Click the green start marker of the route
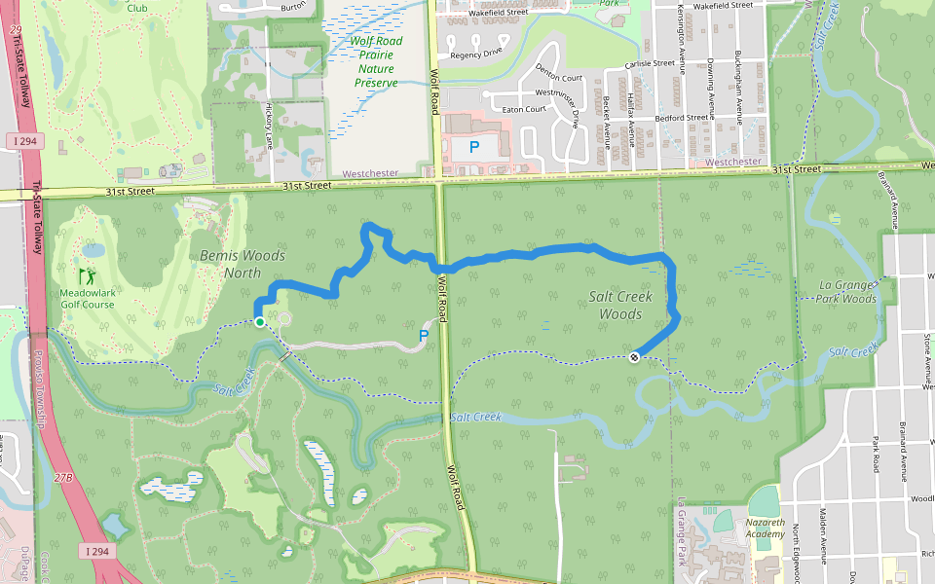point(260,321)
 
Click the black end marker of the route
point(634,357)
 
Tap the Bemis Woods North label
point(243,264)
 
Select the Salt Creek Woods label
point(616,305)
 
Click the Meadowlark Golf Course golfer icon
point(87,276)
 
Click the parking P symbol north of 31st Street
point(474,148)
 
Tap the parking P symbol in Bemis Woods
point(424,335)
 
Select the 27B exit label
point(63,478)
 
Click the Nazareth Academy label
point(765,529)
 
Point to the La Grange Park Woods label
point(836,292)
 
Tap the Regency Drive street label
point(476,55)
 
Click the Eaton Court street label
point(524,109)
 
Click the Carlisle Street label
point(651,63)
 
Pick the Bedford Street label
point(682,118)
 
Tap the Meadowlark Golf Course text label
point(87,298)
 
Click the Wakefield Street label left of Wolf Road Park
point(498,14)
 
